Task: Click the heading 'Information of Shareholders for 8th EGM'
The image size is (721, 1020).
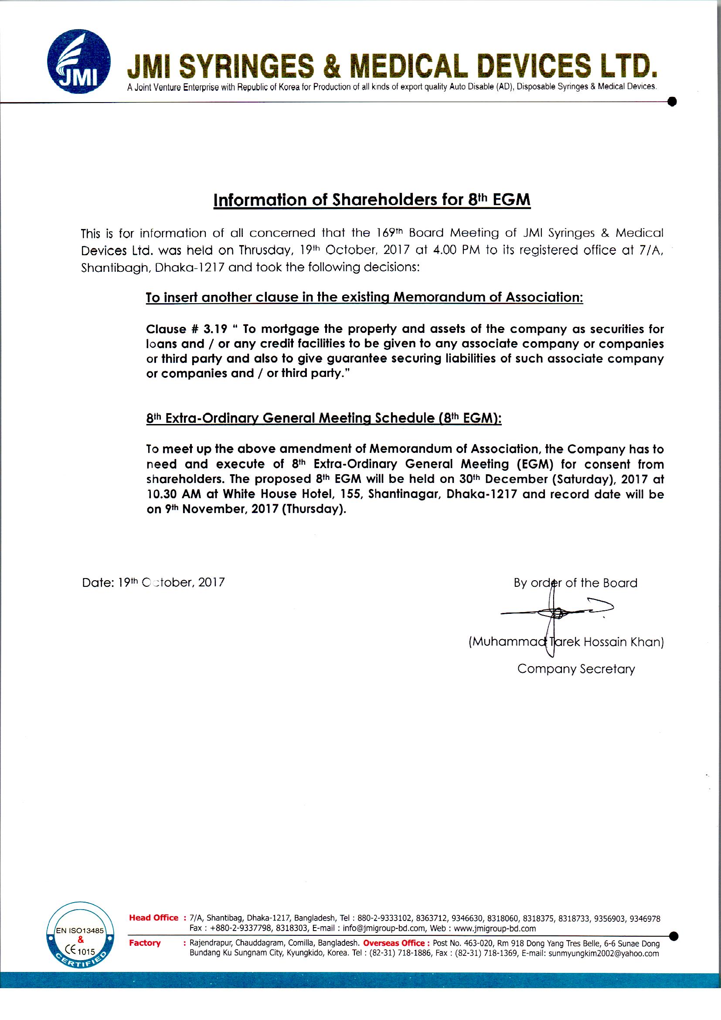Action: (371, 200)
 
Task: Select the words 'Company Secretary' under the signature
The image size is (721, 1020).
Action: (576, 669)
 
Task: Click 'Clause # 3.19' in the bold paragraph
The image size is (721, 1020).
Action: (187, 329)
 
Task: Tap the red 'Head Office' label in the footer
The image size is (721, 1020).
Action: (153, 918)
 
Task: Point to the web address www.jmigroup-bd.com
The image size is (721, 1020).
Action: (495, 928)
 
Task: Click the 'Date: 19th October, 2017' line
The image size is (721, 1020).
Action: (153, 582)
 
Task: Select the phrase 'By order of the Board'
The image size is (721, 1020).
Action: (575, 583)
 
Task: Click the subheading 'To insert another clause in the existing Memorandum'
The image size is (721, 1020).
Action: (364, 297)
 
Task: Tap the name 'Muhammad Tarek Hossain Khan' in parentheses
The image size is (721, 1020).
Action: (566, 642)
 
